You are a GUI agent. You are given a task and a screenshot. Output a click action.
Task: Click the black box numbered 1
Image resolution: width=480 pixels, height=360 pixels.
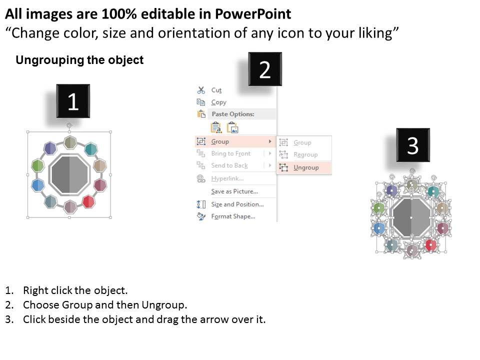[x=73, y=101]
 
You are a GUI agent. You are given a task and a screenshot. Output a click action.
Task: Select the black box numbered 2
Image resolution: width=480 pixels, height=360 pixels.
[x=265, y=69]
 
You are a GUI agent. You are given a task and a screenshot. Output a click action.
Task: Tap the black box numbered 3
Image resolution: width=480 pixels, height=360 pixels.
[x=413, y=145]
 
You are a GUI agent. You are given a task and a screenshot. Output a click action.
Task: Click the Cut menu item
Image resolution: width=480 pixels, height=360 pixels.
[x=216, y=90]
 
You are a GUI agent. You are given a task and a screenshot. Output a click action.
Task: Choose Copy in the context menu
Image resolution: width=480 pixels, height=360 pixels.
[x=218, y=102]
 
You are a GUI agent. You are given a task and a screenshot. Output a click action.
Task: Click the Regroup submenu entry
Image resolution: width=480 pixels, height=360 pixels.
[x=305, y=154]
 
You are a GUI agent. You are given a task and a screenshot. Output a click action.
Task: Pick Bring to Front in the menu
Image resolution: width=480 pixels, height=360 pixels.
[x=231, y=153]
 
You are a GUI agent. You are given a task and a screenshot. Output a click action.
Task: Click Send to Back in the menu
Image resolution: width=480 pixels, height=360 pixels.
[x=229, y=165]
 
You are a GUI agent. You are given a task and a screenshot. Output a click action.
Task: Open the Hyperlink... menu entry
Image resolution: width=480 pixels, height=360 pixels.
[x=227, y=178]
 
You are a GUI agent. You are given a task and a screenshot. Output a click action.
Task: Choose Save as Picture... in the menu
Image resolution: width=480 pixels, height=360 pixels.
[x=234, y=191]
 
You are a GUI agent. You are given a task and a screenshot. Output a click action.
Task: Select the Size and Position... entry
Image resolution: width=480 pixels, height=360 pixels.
[x=237, y=204]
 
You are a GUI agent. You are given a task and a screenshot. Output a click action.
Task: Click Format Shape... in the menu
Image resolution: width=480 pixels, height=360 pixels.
[x=233, y=216]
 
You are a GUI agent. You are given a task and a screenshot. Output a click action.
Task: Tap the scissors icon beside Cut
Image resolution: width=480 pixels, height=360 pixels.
[x=201, y=90]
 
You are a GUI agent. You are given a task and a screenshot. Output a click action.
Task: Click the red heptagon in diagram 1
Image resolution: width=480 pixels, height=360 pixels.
[x=89, y=201]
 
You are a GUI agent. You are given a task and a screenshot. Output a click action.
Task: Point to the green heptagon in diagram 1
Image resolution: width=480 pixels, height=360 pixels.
[x=38, y=165]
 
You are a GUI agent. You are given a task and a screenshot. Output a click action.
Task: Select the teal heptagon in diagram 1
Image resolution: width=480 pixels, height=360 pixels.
[x=90, y=149]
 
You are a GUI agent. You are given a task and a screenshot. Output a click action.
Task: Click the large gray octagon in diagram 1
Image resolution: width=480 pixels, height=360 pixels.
[x=70, y=175]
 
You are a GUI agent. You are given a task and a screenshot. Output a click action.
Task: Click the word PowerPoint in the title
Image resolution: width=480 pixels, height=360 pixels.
[x=253, y=14]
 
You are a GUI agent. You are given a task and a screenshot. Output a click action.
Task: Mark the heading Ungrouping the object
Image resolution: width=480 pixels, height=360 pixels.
[x=79, y=60]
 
